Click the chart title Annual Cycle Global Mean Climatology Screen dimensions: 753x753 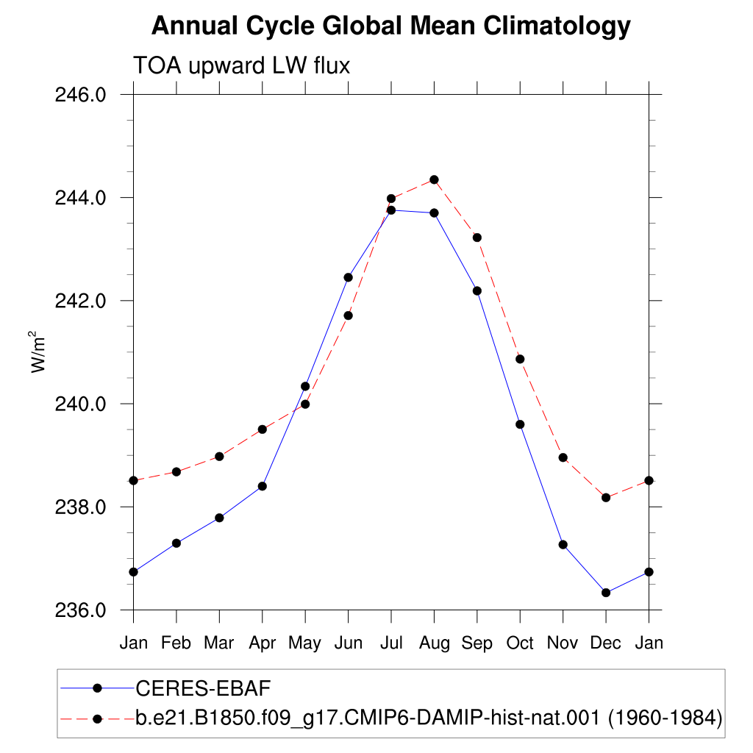pos(391,26)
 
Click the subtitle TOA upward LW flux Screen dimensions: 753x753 pos(241,65)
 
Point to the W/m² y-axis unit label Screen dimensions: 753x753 pos(38,352)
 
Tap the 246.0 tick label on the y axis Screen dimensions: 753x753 pos(80,95)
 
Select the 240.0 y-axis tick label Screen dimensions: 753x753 pos(80,404)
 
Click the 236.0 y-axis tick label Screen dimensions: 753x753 pos(80,610)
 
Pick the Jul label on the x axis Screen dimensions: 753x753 pos(391,643)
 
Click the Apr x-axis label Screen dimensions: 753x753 pos(263,643)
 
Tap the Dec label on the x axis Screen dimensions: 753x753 pos(606,643)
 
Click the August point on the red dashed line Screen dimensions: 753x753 pos(434,179)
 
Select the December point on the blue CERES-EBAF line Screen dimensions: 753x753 pos(606,593)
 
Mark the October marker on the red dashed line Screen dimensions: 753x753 pos(520,359)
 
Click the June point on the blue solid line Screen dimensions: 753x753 pos(348,277)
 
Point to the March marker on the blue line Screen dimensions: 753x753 pos(219,518)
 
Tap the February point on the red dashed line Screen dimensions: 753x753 pos(176,472)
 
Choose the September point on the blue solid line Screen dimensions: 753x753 pos(477,291)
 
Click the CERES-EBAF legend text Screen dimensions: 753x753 pos(203,688)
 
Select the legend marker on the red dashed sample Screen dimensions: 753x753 pos(98,719)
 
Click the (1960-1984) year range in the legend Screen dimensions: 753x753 pos(665,718)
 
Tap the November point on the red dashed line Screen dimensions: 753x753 pos(563,457)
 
